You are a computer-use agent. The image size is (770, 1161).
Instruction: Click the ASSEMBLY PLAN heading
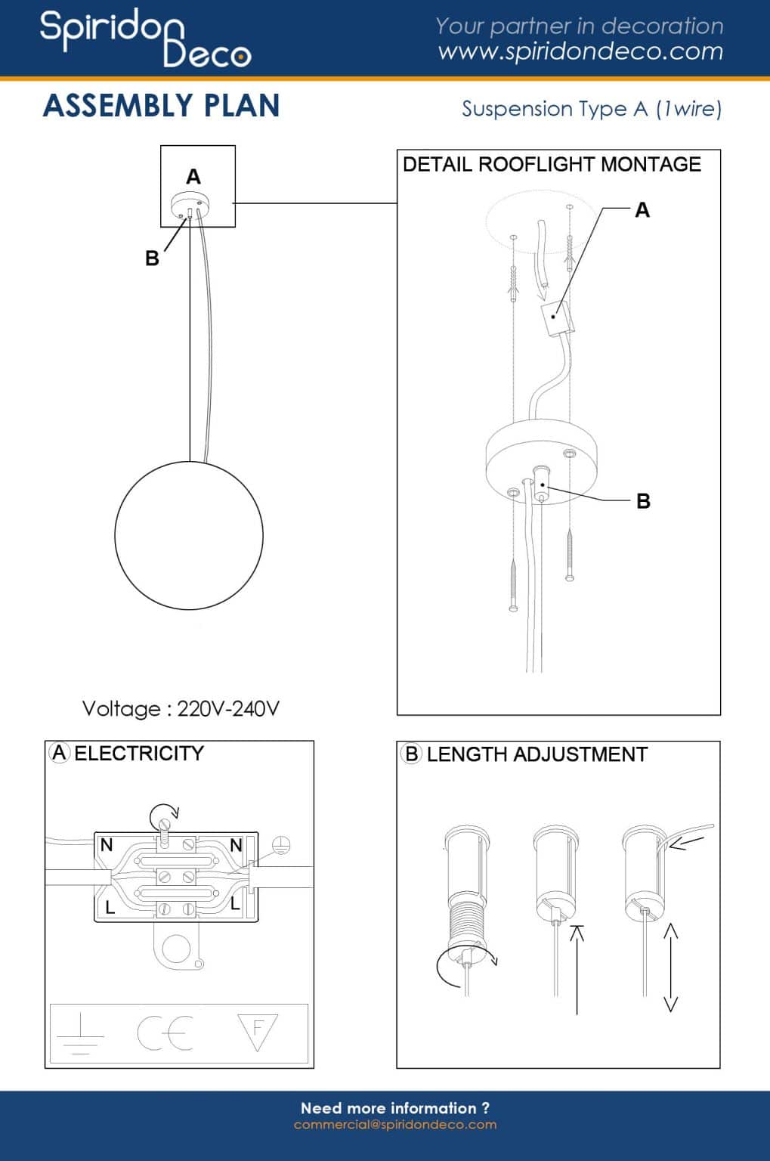point(161,106)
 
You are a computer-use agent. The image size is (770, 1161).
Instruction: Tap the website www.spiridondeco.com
point(580,51)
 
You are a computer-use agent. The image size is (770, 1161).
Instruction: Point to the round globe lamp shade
point(189,535)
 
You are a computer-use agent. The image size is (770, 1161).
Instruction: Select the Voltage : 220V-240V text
point(181,709)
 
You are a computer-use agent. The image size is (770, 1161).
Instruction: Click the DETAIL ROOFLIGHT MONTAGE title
point(552,165)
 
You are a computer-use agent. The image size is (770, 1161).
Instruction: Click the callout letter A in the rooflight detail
point(642,210)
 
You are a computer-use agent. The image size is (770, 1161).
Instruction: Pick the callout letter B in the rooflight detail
point(643,501)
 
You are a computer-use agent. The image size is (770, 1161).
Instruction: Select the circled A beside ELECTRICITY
point(59,753)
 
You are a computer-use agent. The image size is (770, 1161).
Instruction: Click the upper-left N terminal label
point(107,845)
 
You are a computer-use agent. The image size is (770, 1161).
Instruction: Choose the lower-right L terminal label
point(235,904)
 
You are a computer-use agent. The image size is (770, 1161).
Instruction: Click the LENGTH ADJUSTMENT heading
point(537,754)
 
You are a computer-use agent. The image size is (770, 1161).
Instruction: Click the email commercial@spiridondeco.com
point(395,1124)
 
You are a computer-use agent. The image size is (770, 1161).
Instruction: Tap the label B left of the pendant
point(152,259)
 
